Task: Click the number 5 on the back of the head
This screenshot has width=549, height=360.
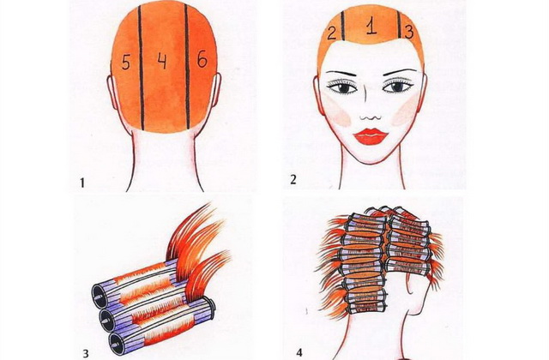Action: (x=126, y=62)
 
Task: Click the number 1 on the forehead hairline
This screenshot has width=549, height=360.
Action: (x=371, y=27)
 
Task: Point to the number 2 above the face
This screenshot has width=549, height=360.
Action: (x=332, y=33)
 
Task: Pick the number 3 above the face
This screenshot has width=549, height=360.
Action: (x=408, y=32)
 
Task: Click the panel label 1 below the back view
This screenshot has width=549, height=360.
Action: (x=82, y=183)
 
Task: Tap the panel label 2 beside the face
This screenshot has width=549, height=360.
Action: (x=293, y=179)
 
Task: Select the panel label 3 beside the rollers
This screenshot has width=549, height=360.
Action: (x=86, y=353)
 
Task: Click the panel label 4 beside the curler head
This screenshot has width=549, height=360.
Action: (x=299, y=352)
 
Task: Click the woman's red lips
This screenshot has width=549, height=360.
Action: (x=371, y=136)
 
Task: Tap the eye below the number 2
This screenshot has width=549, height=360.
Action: (x=343, y=87)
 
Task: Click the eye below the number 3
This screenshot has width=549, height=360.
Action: (x=397, y=86)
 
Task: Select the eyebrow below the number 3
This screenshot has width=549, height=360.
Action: (x=401, y=70)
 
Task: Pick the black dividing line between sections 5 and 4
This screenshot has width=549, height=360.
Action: (x=141, y=68)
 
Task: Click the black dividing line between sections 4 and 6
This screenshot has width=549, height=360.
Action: (x=187, y=67)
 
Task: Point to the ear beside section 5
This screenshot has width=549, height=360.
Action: (x=112, y=92)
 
